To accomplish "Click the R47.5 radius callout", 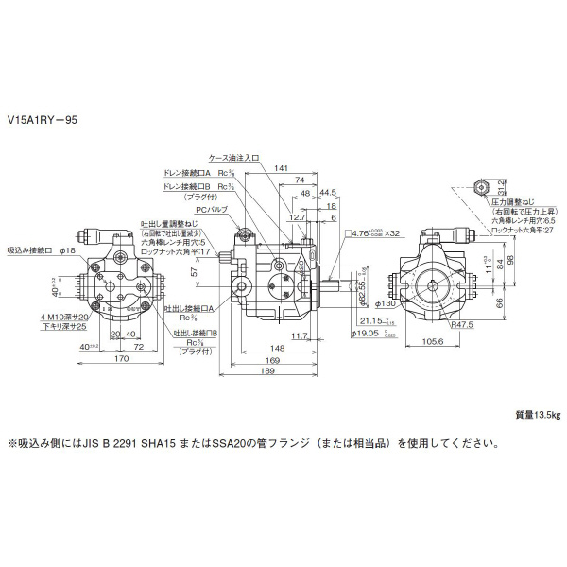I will pos(462,324).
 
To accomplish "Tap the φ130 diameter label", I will pos(384,303).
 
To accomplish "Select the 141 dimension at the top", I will pos(280,168).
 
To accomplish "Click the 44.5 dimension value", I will pos(328,193).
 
